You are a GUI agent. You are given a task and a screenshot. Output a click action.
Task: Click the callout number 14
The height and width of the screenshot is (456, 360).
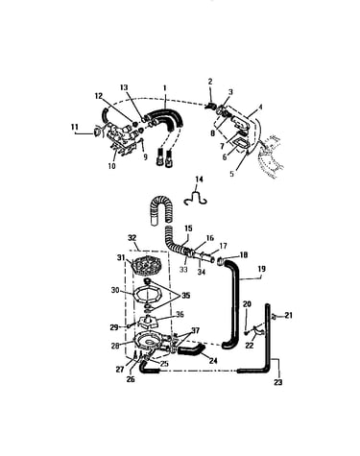[x=199, y=180]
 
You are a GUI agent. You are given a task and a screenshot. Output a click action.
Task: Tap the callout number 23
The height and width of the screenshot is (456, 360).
[x=278, y=382]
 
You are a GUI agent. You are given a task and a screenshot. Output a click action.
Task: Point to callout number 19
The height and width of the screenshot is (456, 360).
[x=261, y=269]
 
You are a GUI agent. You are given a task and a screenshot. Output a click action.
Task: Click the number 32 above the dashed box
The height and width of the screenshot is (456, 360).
[x=132, y=238]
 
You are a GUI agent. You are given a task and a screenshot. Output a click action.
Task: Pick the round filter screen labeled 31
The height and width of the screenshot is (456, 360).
[x=147, y=265]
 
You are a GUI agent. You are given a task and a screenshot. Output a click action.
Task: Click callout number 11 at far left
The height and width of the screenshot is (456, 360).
[x=75, y=127]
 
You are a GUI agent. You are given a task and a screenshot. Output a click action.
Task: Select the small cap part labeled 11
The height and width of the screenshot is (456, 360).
[x=96, y=132]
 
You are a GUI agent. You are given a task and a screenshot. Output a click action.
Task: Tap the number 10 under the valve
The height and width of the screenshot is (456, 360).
[x=111, y=166]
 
